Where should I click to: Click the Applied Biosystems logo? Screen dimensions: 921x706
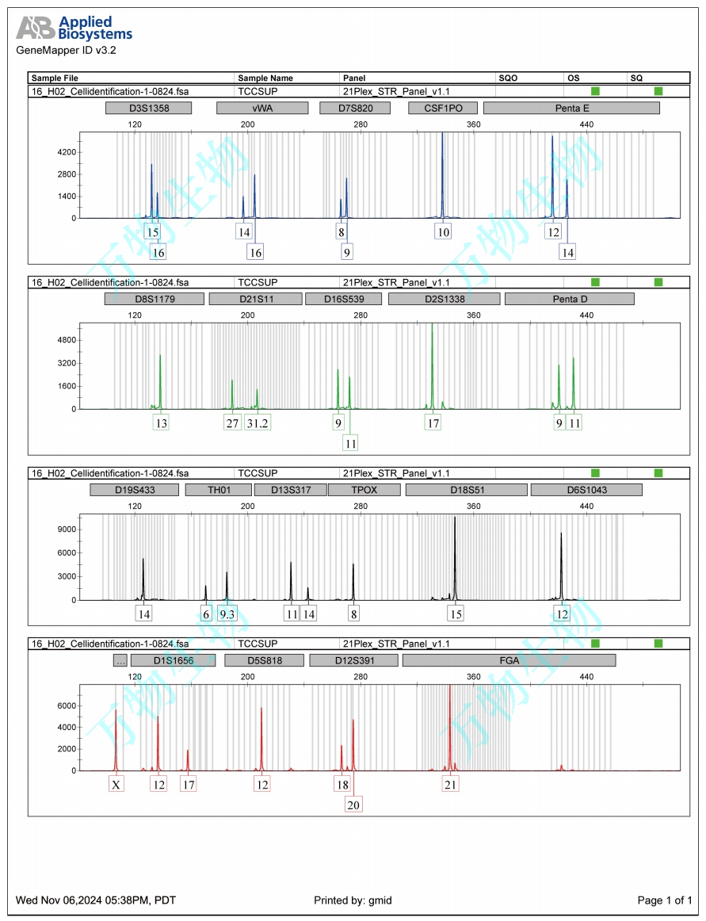point(74,29)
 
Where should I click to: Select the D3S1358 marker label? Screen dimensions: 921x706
point(148,108)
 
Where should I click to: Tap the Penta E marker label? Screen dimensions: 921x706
point(571,108)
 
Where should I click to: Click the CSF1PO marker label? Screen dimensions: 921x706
point(442,108)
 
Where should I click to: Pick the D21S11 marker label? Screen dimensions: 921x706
point(255,299)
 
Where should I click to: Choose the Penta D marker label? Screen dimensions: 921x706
point(569,299)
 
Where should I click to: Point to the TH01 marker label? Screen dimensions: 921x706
point(218,490)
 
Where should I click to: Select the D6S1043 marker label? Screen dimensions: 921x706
point(586,490)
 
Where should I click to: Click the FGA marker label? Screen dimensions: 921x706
point(509,659)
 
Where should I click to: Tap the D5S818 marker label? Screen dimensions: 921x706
point(265,659)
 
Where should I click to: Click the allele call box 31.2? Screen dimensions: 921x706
point(258,423)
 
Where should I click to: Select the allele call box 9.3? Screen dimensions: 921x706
point(227,613)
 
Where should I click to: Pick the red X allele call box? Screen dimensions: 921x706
point(116,785)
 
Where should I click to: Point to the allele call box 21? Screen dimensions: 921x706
point(450,785)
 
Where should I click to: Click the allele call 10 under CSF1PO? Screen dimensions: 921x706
point(442,232)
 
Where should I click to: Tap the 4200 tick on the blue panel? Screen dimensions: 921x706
point(67,152)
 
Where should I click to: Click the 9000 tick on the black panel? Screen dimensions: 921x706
point(67,529)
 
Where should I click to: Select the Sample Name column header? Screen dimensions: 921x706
point(265,78)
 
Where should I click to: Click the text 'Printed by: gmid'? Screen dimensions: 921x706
point(353,900)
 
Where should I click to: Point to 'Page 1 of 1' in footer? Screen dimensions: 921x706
point(665,900)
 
